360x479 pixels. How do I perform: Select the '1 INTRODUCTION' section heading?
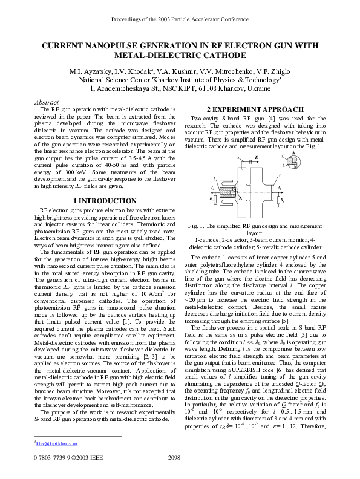105,201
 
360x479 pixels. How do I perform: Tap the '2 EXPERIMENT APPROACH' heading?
255,109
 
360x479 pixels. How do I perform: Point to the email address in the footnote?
56,443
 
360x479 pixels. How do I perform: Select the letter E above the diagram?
257,157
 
